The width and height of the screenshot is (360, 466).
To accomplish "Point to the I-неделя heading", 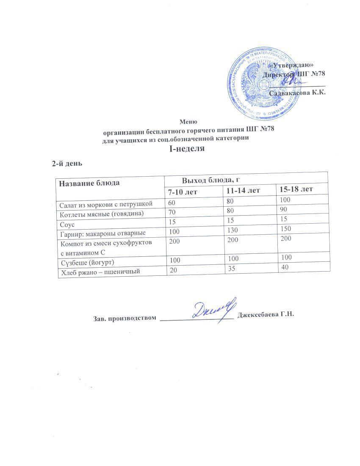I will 187,148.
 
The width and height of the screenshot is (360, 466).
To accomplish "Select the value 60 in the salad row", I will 172,204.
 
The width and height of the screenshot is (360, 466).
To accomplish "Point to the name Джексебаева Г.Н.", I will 266,315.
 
